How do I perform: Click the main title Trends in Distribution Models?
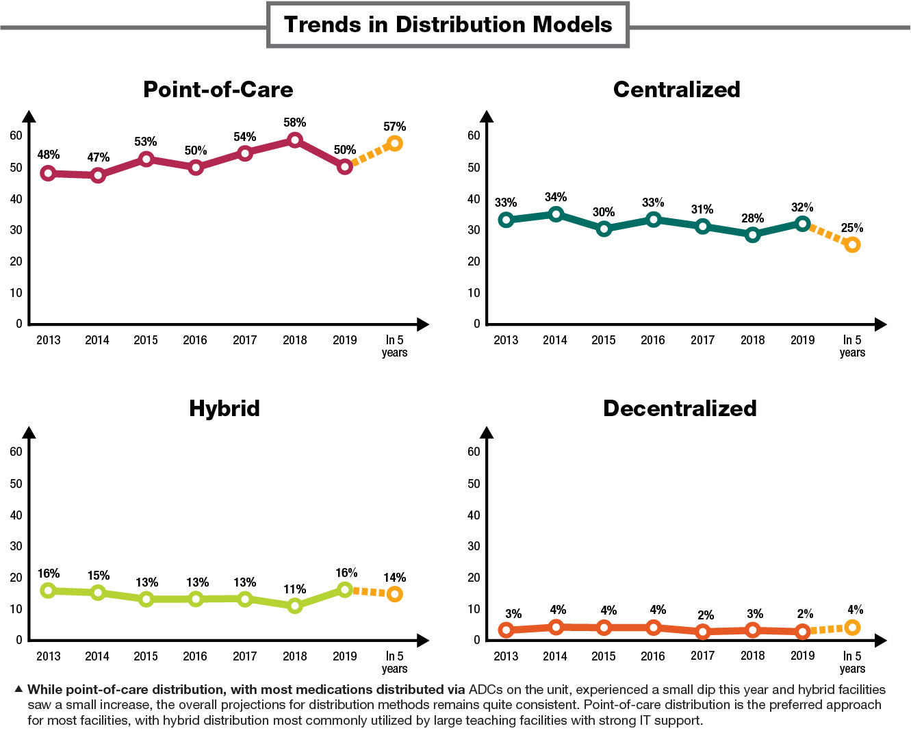pos(448,25)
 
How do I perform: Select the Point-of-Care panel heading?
pos(218,89)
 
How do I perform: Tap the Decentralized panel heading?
pos(680,408)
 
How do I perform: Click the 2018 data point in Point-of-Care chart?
pos(294,140)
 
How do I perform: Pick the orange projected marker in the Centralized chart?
pos(852,244)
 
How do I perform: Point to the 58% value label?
pos(294,123)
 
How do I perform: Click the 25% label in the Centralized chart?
pos(852,228)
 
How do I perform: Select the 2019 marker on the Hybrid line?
pos(345,589)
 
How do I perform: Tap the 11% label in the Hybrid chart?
pos(294,589)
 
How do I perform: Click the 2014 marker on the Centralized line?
pos(556,214)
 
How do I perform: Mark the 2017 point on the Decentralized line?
pos(703,632)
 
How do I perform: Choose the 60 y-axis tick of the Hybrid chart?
pos(16,452)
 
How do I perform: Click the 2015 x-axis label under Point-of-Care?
pos(146,340)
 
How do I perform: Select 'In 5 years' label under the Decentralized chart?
pos(852,662)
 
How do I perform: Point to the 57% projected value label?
pos(394,127)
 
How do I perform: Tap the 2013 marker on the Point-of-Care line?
pos(48,173)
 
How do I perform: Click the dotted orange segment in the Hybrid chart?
pos(370,592)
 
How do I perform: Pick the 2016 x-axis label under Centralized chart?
pos(652,340)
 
